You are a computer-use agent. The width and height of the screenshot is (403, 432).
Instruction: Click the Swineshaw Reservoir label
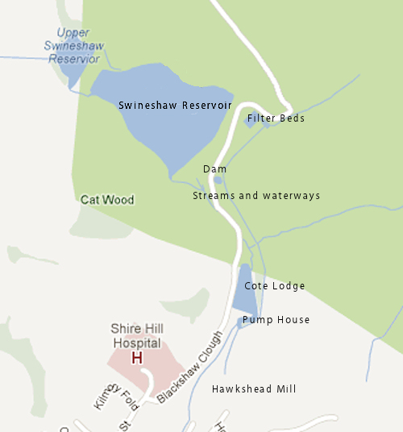[x=175, y=106]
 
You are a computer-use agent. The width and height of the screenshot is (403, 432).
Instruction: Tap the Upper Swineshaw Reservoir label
[x=73, y=46]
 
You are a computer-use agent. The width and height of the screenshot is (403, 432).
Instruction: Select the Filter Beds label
[x=276, y=118]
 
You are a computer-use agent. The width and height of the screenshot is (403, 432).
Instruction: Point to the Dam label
[x=214, y=169]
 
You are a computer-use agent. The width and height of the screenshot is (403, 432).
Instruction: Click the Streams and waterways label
[x=256, y=196]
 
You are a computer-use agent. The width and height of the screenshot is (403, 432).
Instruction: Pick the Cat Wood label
[x=107, y=199]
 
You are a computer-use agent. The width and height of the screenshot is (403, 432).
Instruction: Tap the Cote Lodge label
[x=275, y=286]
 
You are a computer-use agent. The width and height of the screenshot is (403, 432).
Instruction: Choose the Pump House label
[x=276, y=320]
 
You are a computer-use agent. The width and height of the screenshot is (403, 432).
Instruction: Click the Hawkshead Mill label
[x=254, y=389]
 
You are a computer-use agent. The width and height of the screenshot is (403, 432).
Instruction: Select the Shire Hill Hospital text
[x=136, y=336]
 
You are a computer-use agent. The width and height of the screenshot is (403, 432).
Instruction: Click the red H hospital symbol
[x=136, y=357]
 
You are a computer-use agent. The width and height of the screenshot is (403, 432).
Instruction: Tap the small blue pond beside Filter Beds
[x=250, y=121]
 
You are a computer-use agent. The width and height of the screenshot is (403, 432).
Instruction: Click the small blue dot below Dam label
[x=218, y=180]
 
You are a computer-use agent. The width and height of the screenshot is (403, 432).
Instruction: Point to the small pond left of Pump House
[x=239, y=323]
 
